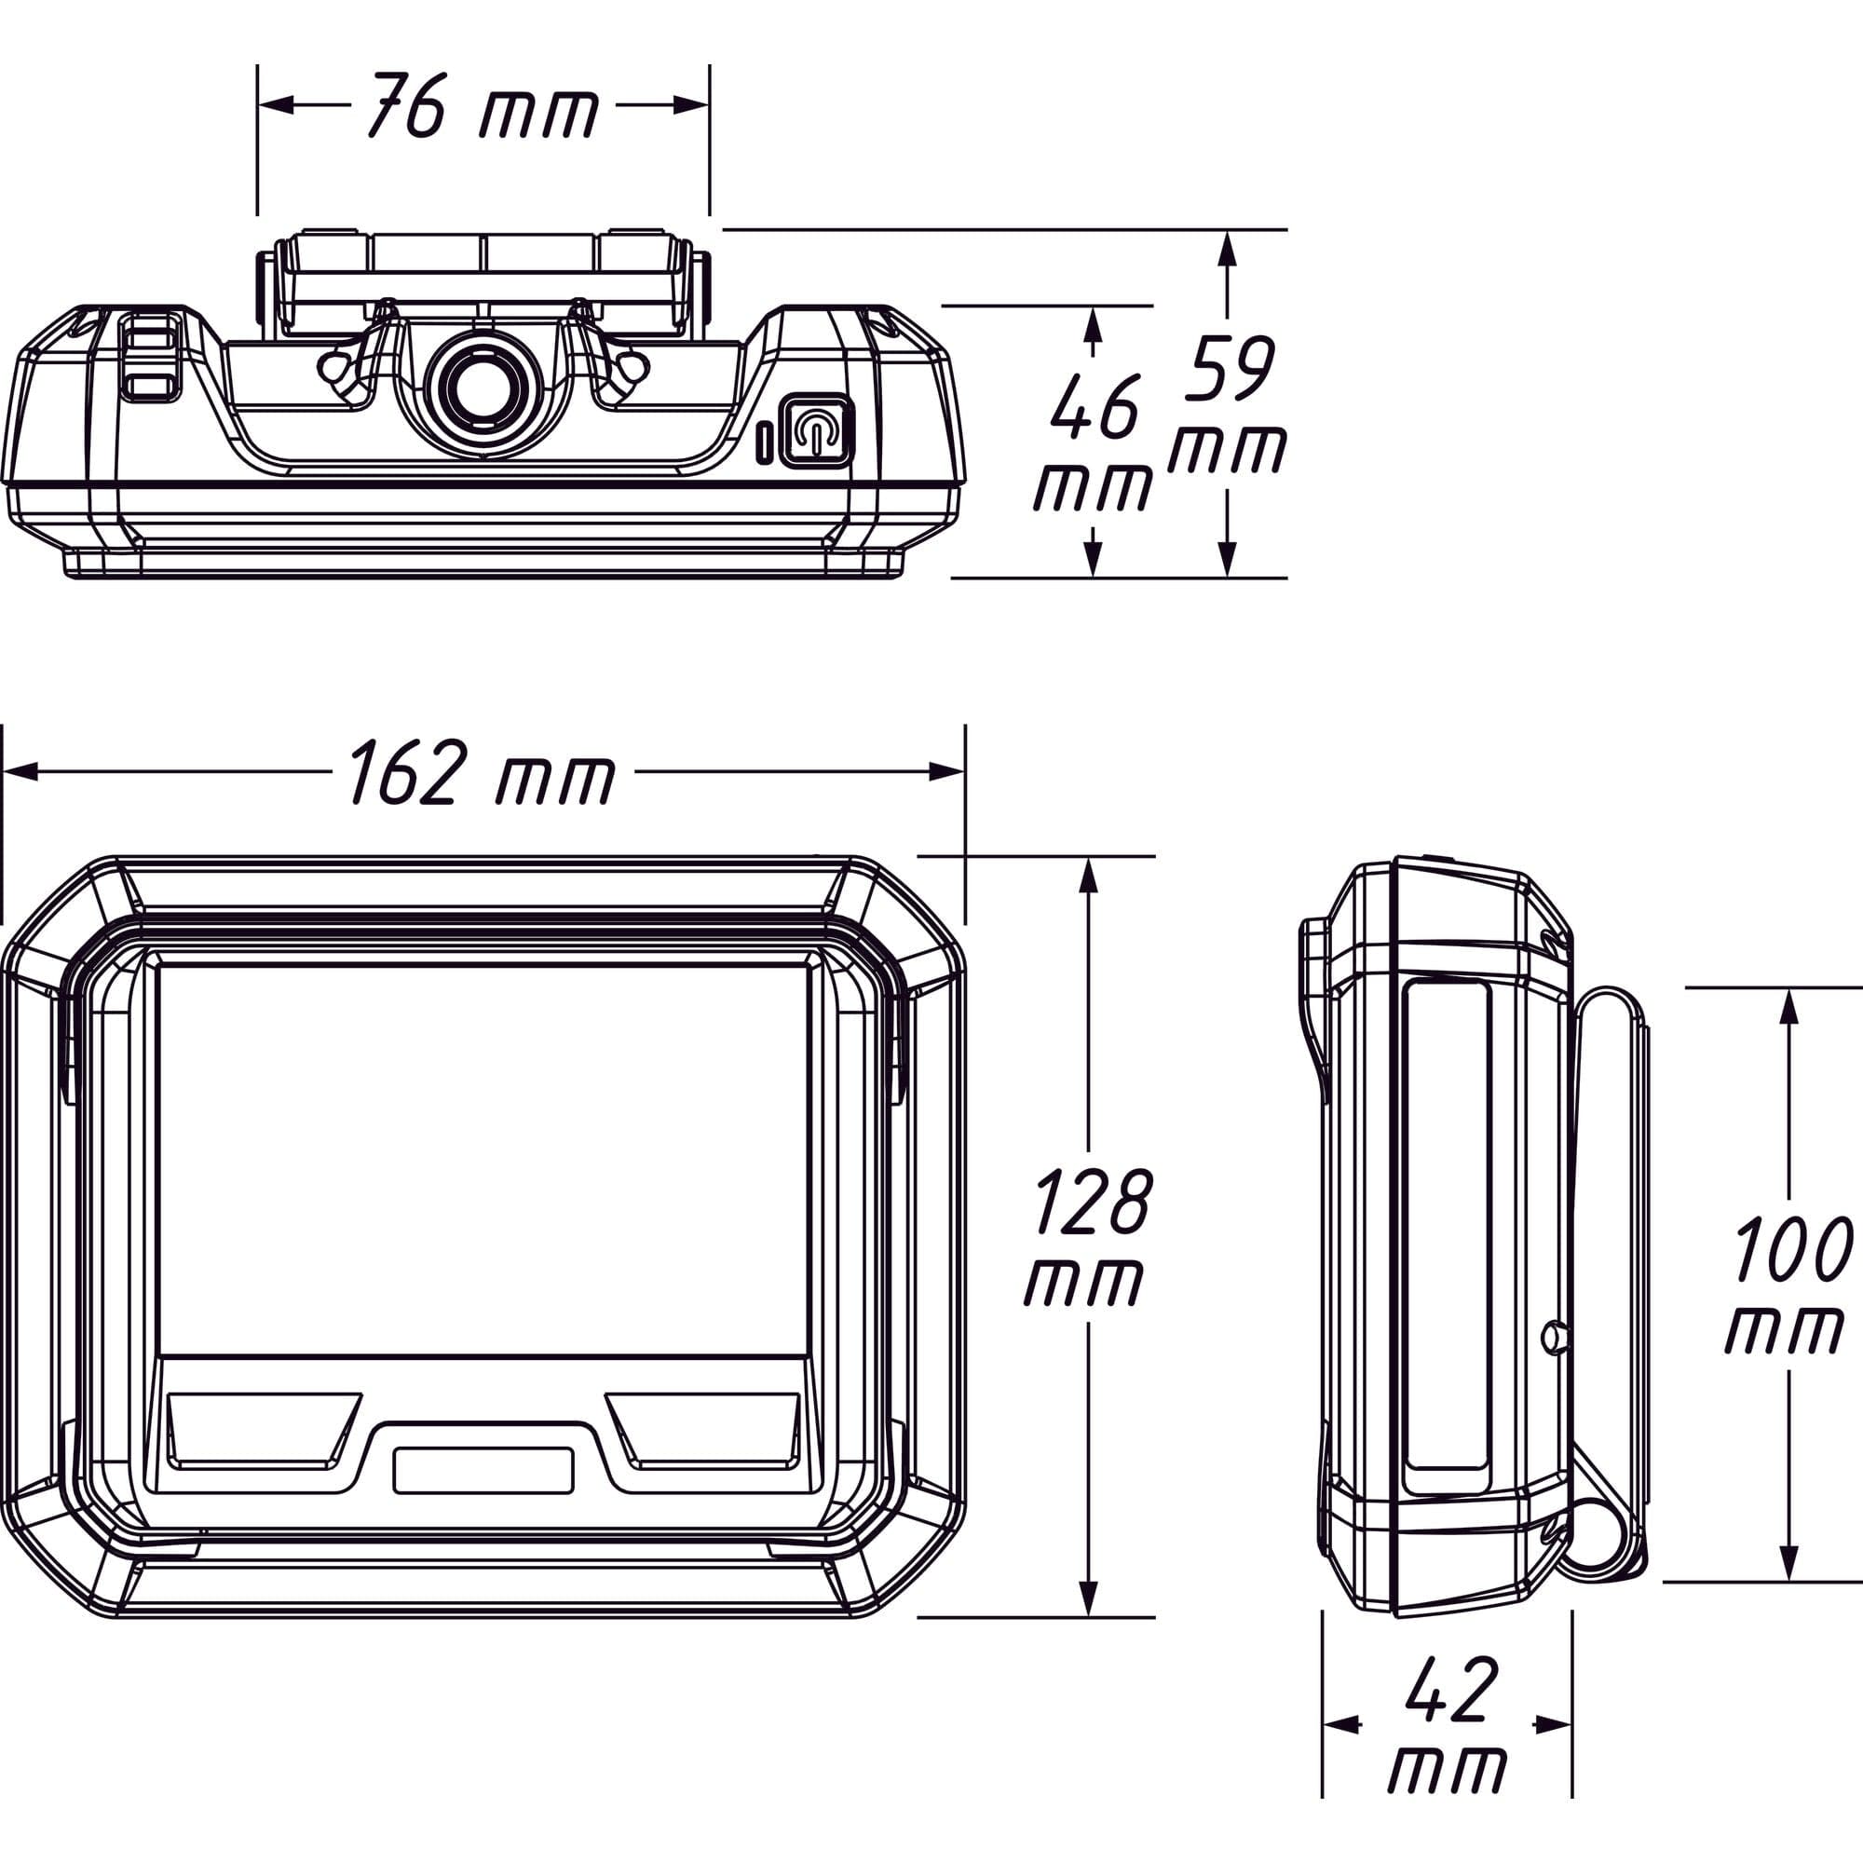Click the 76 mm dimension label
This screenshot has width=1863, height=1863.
[483, 105]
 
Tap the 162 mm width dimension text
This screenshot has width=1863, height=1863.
[482, 772]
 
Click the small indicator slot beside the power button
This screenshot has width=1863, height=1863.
[763, 441]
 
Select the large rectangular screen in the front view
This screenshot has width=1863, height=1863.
[483, 1159]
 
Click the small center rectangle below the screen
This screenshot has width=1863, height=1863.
[483, 1471]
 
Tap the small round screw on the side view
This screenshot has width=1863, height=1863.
[1554, 1337]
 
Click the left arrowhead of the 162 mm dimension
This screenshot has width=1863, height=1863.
[20, 771]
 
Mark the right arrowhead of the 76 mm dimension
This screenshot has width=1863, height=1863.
[691, 105]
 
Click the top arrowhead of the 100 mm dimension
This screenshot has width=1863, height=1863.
[1788, 1007]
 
